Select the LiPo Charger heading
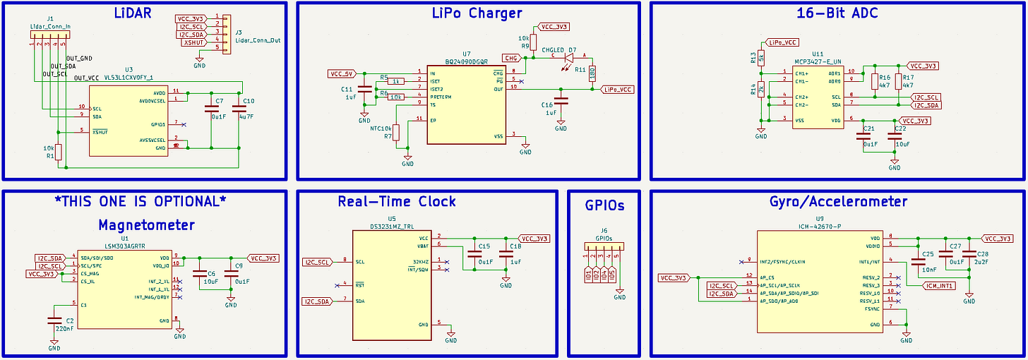(477, 13)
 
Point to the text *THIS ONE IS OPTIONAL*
(141, 201)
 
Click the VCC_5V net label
(342, 73)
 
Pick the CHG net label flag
(510, 57)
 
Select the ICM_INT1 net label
(939, 286)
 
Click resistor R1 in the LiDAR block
(59, 152)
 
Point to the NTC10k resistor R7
(396, 132)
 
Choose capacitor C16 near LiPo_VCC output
(561, 105)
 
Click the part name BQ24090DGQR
(466, 61)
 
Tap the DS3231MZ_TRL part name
(392, 227)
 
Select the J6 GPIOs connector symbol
(604, 248)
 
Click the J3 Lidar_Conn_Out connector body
(222, 33)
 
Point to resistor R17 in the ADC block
(898, 81)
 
